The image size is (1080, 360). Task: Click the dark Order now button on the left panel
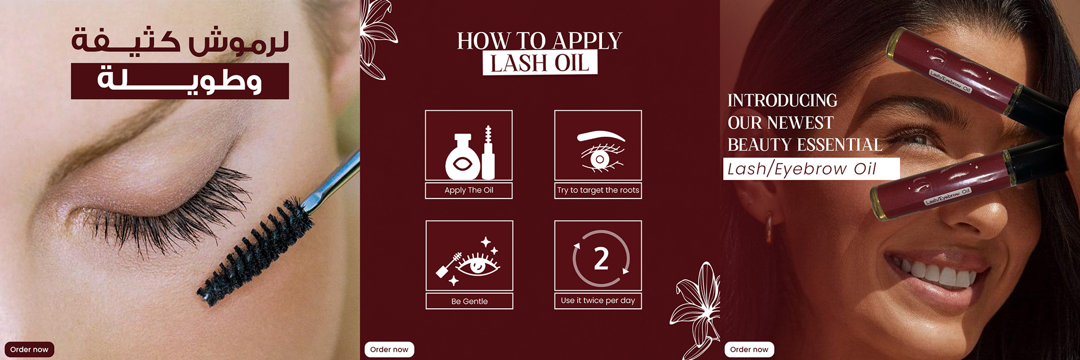pyautogui.click(x=29, y=349)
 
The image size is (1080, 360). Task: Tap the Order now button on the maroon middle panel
pyautogui.click(x=389, y=349)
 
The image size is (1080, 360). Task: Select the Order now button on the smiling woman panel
pyautogui.click(x=749, y=349)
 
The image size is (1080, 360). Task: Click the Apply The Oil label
pyautogui.click(x=469, y=190)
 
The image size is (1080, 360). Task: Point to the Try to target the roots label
pyautogui.click(x=598, y=190)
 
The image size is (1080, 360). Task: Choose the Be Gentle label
pyautogui.click(x=469, y=301)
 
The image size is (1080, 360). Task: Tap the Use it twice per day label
pyautogui.click(x=598, y=300)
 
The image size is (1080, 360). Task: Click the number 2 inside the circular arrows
pyautogui.click(x=601, y=259)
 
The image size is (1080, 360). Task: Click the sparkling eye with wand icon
pyautogui.click(x=468, y=261)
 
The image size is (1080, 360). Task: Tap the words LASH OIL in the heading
pyautogui.click(x=539, y=63)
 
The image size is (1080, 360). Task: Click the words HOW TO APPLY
pyautogui.click(x=539, y=40)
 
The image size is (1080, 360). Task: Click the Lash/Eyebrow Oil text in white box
pyautogui.click(x=802, y=169)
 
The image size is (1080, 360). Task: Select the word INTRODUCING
pyautogui.click(x=782, y=100)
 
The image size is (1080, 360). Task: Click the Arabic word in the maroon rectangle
pyautogui.click(x=180, y=80)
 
